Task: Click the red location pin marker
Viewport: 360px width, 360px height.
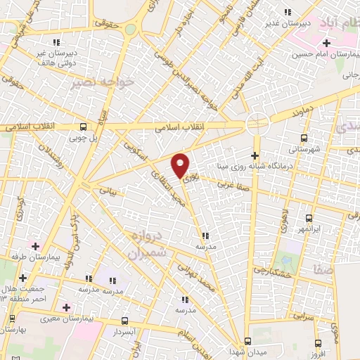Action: coord(181,165)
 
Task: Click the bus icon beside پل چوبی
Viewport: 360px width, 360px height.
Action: coord(84,127)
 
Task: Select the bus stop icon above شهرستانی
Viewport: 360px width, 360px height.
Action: coord(304,138)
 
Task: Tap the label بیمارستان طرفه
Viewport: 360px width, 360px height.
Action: coord(28,257)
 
